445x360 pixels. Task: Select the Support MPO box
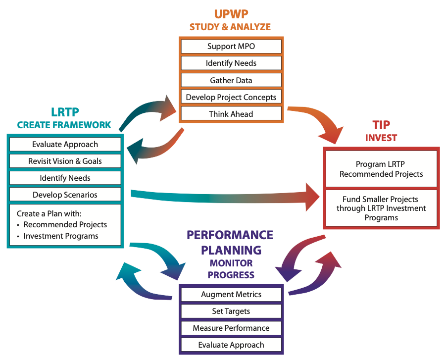tap(231, 47)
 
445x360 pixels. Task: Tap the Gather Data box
tap(231, 80)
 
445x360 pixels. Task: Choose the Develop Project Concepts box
tap(231, 97)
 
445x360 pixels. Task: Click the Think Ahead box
tap(231, 114)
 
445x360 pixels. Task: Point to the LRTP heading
tap(64, 112)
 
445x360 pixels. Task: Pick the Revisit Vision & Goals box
tap(65, 161)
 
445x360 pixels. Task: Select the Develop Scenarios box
tap(65, 195)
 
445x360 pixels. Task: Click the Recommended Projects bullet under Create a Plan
tap(65, 224)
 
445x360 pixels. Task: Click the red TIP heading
tap(381, 125)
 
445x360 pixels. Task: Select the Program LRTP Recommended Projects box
tap(381, 169)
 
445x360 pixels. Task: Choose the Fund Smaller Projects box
tap(381, 208)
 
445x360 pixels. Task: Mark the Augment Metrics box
tap(231, 294)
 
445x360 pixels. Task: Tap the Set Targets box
tap(231, 311)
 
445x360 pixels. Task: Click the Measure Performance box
tap(231, 328)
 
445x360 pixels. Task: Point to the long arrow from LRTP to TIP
tap(223, 198)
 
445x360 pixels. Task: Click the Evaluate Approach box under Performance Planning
tap(231, 345)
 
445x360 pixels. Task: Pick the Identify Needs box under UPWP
tap(231, 63)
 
